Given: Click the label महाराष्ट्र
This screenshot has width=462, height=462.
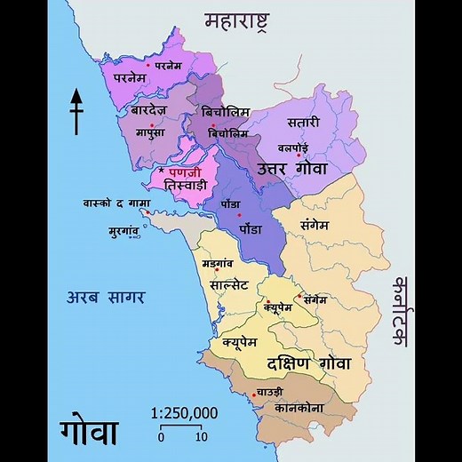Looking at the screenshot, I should pos(237,19).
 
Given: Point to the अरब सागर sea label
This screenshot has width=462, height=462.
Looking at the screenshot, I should pos(106,297).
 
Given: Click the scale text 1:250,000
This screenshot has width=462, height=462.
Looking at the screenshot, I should pos(184,412).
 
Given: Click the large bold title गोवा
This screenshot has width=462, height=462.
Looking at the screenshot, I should pos(89,430).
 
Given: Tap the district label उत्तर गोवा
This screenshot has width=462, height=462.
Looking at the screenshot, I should pos(293,168).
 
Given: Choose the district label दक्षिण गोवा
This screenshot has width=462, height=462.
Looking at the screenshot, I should pos(308,363).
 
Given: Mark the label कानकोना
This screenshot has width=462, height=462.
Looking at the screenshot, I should pos(298,408).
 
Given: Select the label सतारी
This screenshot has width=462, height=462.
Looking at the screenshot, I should pos(304,121).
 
